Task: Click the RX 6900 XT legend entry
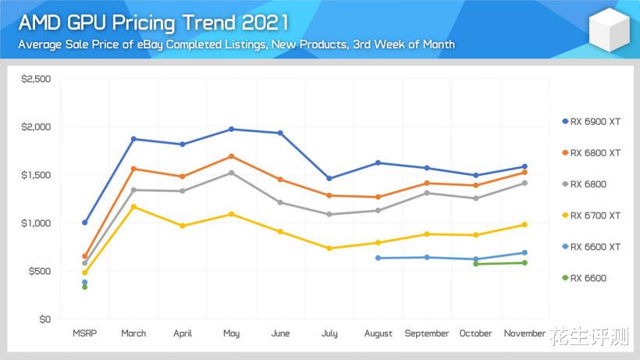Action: tap(595, 122)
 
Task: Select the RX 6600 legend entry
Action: tap(588, 278)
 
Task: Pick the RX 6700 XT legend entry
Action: tap(595, 216)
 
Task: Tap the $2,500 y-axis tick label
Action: tap(36, 79)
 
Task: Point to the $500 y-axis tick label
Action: tap(39, 271)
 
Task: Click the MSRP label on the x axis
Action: tap(84, 333)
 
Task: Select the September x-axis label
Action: tap(427, 333)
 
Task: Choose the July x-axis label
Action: tap(329, 333)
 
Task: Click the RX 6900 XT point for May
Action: tap(231, 129)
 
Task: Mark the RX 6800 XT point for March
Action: tap(133, 169)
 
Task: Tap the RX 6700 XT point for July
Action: tap(329, 248)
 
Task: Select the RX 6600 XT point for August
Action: tap(378, 258)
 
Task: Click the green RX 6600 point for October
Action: tap(476, 264)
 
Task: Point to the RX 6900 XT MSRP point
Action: tap(84, 223)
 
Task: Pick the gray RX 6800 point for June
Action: tap(280, 202)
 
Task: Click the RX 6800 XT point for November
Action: tap(524, 173)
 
